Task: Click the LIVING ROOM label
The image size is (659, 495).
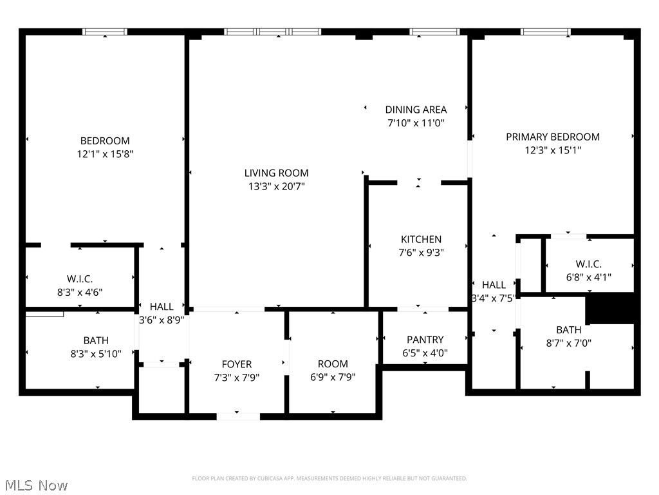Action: tap(276, 173)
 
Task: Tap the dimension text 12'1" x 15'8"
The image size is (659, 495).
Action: tap(105, 154)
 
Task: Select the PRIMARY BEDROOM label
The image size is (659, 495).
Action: tap(552, 137)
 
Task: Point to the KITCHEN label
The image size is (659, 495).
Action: tap(421, 239)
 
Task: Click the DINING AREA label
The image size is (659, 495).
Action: tap(416, 110)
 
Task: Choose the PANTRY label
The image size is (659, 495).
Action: tap(425, 340)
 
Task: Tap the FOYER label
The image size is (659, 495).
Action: tap(237, 364)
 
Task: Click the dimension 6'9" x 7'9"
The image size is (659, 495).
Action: tap(333, 378)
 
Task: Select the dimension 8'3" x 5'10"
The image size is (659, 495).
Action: tap(96, 354)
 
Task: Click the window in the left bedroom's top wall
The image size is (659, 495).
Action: tap(105, 32)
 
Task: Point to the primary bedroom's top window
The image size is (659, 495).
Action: tap(545, 32)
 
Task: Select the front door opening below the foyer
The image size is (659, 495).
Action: tap(238, 416)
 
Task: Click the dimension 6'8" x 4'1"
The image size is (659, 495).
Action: tap(588, 277)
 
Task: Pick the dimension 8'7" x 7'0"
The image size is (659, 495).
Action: tap(568, 344)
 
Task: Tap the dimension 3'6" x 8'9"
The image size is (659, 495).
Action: tap(162, 320)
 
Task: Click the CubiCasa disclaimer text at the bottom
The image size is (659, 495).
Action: tap(329, 478)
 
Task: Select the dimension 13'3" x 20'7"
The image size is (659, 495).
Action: tap(276, 186)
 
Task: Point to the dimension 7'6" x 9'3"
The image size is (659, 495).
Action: tap(421, 253)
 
